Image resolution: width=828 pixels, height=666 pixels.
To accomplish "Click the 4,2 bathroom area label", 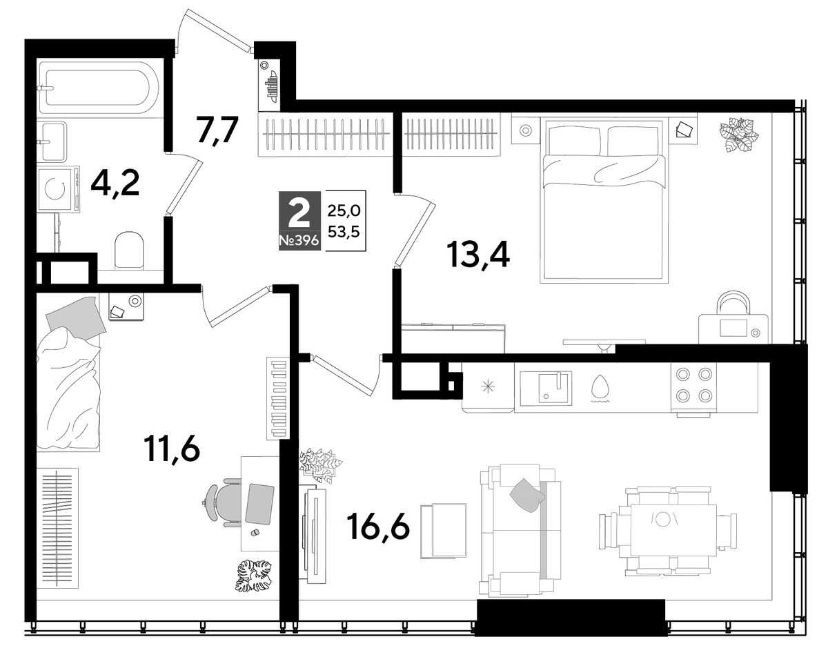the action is [x=115, y=184].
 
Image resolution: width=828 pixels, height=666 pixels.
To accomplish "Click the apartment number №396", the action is [x=299, y=241].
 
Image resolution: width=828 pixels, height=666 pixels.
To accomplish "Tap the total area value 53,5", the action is [x=344, y=231].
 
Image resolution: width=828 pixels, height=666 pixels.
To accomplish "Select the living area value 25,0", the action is [x=344, y=210].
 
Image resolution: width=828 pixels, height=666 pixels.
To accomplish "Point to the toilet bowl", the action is [x=129, y=249].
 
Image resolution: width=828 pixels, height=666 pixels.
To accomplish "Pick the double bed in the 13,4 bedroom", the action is [x=604, y=200].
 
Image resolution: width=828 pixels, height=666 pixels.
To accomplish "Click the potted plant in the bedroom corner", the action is [x=739, y=135].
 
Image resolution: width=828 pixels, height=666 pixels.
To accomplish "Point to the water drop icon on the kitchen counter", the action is [x=600, y=388].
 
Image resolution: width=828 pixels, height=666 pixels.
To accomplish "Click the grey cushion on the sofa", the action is [x=526, y=495].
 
